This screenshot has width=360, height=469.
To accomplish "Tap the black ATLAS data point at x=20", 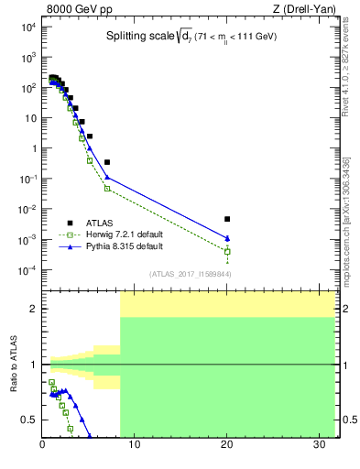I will (x=227, y=219).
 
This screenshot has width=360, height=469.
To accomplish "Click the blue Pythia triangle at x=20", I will (x=227, y=239).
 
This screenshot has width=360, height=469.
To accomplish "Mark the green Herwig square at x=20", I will (x=227, y=251).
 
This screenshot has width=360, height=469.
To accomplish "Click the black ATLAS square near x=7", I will (x=107, y=162).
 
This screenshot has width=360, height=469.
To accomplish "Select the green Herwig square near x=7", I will (x=107, y=189).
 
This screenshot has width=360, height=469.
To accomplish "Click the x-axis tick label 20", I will (x=227, y=446).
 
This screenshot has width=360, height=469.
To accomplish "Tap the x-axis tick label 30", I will (x=319, y=446).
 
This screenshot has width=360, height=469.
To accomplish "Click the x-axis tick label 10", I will (x=135, y=446).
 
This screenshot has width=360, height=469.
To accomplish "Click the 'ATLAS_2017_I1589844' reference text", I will (x=190, y=274).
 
